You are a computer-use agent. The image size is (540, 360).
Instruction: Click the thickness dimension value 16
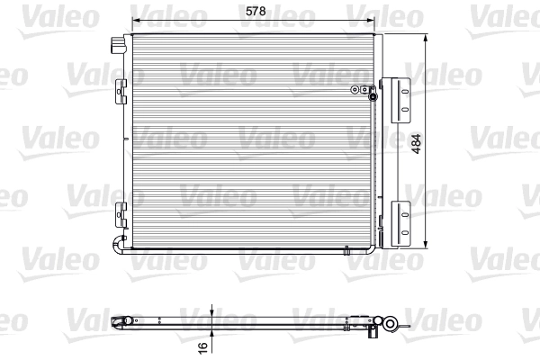pos(203,345)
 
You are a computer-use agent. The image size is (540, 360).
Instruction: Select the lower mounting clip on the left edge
pos(121,215)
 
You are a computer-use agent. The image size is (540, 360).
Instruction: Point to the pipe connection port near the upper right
pos(361,89)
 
